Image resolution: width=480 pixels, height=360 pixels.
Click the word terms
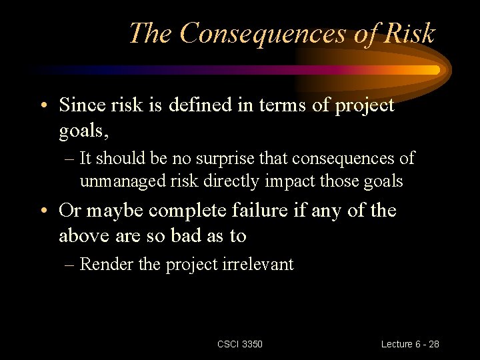click(267, 105)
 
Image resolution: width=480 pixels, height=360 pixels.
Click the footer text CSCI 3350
click(240, 344)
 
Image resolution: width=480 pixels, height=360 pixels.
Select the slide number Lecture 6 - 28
click(410, 344)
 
